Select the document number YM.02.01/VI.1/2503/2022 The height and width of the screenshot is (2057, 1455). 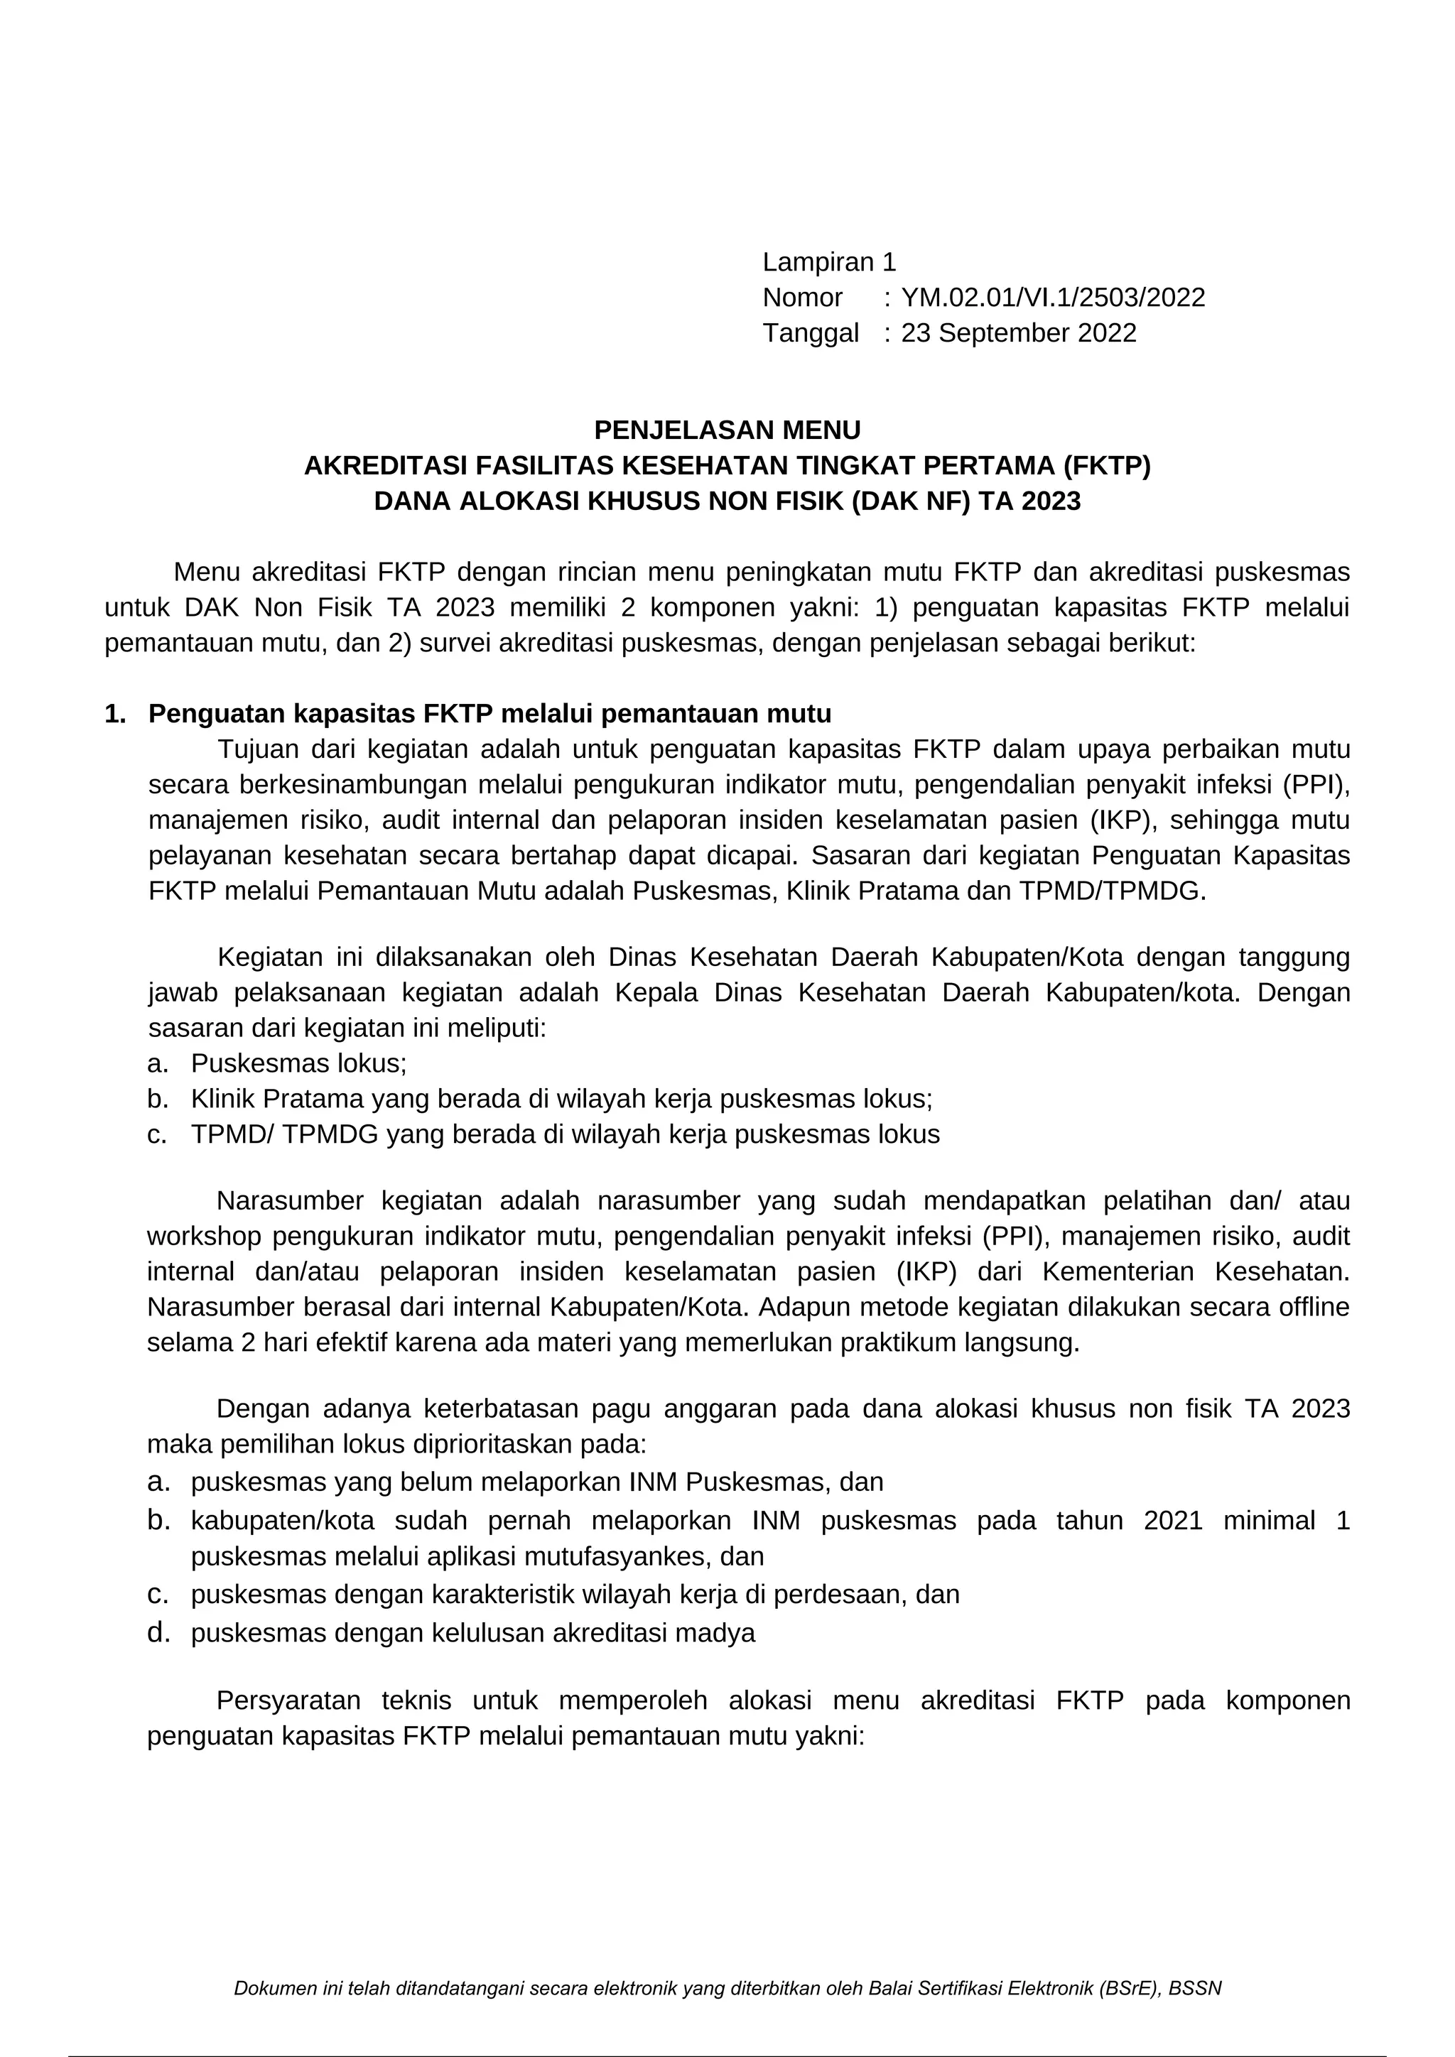(1053, 298)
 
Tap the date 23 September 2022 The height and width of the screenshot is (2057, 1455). (1019, 332)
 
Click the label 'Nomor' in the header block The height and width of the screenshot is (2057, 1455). (802, 298)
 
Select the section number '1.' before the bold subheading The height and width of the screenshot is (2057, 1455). (114, 714)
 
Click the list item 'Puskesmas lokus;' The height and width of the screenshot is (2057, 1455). (298, 1063)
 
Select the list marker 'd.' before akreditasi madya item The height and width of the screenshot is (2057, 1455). (158, 1632)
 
